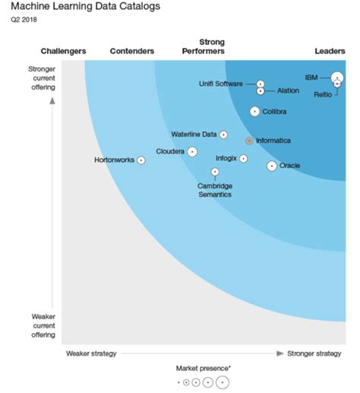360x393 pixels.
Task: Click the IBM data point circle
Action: click(336, 78)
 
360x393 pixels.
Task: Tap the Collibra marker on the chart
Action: click(255, 112)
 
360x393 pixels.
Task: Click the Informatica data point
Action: click(248, 141)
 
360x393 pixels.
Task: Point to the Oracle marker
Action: click(271, 166)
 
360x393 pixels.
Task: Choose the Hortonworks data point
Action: click(141, 160)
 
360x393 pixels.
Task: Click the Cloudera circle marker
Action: click(192, 151)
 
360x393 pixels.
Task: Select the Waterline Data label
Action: click(194, 135)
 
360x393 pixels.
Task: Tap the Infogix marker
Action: click(243, 159)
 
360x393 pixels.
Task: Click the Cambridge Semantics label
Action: click(215, 190)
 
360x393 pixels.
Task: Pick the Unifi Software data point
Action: click(261, 84)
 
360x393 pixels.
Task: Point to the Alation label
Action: click(288, 91)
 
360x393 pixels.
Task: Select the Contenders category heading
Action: click(132, 51)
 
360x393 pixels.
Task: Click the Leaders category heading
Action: click(330, 51)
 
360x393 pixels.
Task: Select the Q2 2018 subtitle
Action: click(24, 20)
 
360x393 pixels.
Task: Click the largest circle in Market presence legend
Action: click(222, 382)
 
